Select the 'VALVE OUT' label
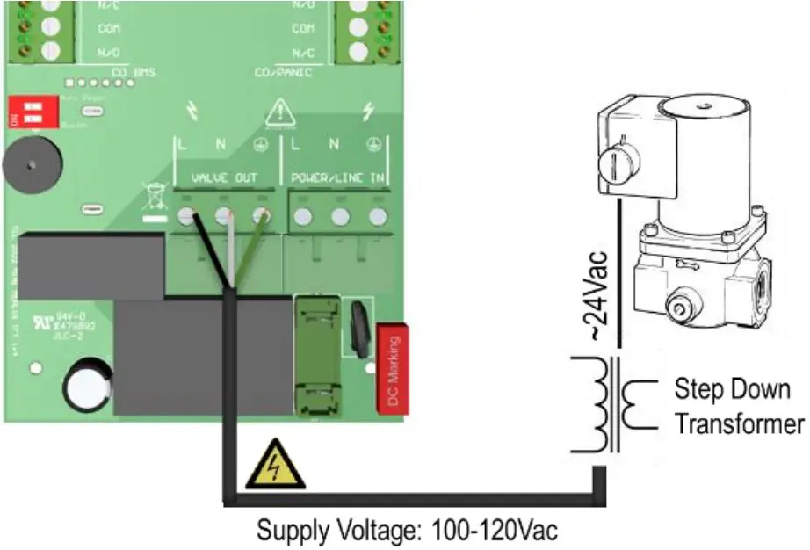pos(225,178)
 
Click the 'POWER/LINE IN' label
pos(338,178)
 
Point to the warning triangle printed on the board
pos(279,112)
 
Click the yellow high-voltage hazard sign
pos(275,466)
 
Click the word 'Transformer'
pos(739,424)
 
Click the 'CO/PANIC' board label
pos(283,73)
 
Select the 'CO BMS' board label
pos(134,73)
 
